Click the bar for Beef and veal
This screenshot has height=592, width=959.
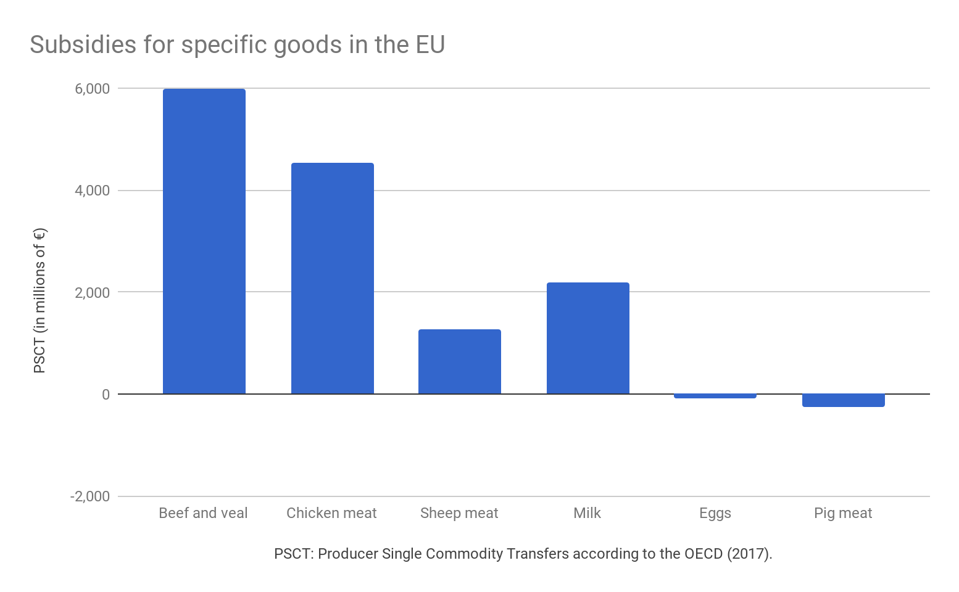pyautogui.click(x=204, y=241)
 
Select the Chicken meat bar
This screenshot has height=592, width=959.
pyautogui.click(x=332, y=278)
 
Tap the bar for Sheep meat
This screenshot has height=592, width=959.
pyautogui.click(x=460, y=361)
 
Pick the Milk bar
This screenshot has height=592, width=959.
pyautogui.click(x=587, y=338)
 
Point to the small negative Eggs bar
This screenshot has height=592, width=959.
pyautogui.click(x=715, y=396)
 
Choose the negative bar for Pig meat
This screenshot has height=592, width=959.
pyautogui.click(x=843, y=400)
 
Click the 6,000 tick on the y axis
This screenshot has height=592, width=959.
pyautogui.click(x=93, y=89)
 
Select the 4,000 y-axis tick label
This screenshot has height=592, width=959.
pyautogui.click(x=93, y=191)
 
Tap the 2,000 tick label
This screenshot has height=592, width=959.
pyautogui.click(x=93, y=292)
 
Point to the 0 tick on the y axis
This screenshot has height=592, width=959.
pyautogui.click(x=106, y=394)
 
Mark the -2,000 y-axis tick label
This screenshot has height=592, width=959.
pyautogui.click(x=90, y=496)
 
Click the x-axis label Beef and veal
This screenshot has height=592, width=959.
pyautogui.click(x=203, y=513)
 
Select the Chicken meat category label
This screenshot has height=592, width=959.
pyautogui.click(x=331, y=513)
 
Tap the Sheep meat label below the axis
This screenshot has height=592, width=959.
pyautogui.click(x=459, y=513)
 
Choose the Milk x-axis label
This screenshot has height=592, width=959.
pyautogui.click(x=587, y=513)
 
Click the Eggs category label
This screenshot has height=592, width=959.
pyautogui.click(x=715, y=513)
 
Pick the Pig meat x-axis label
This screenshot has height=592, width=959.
pyautogui.click(x=843, y=513)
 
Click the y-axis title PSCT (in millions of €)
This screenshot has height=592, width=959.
pyautogui.click(x=39, y=300)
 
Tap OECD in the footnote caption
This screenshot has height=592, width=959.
pyautogui.click(x=703, y=554)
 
